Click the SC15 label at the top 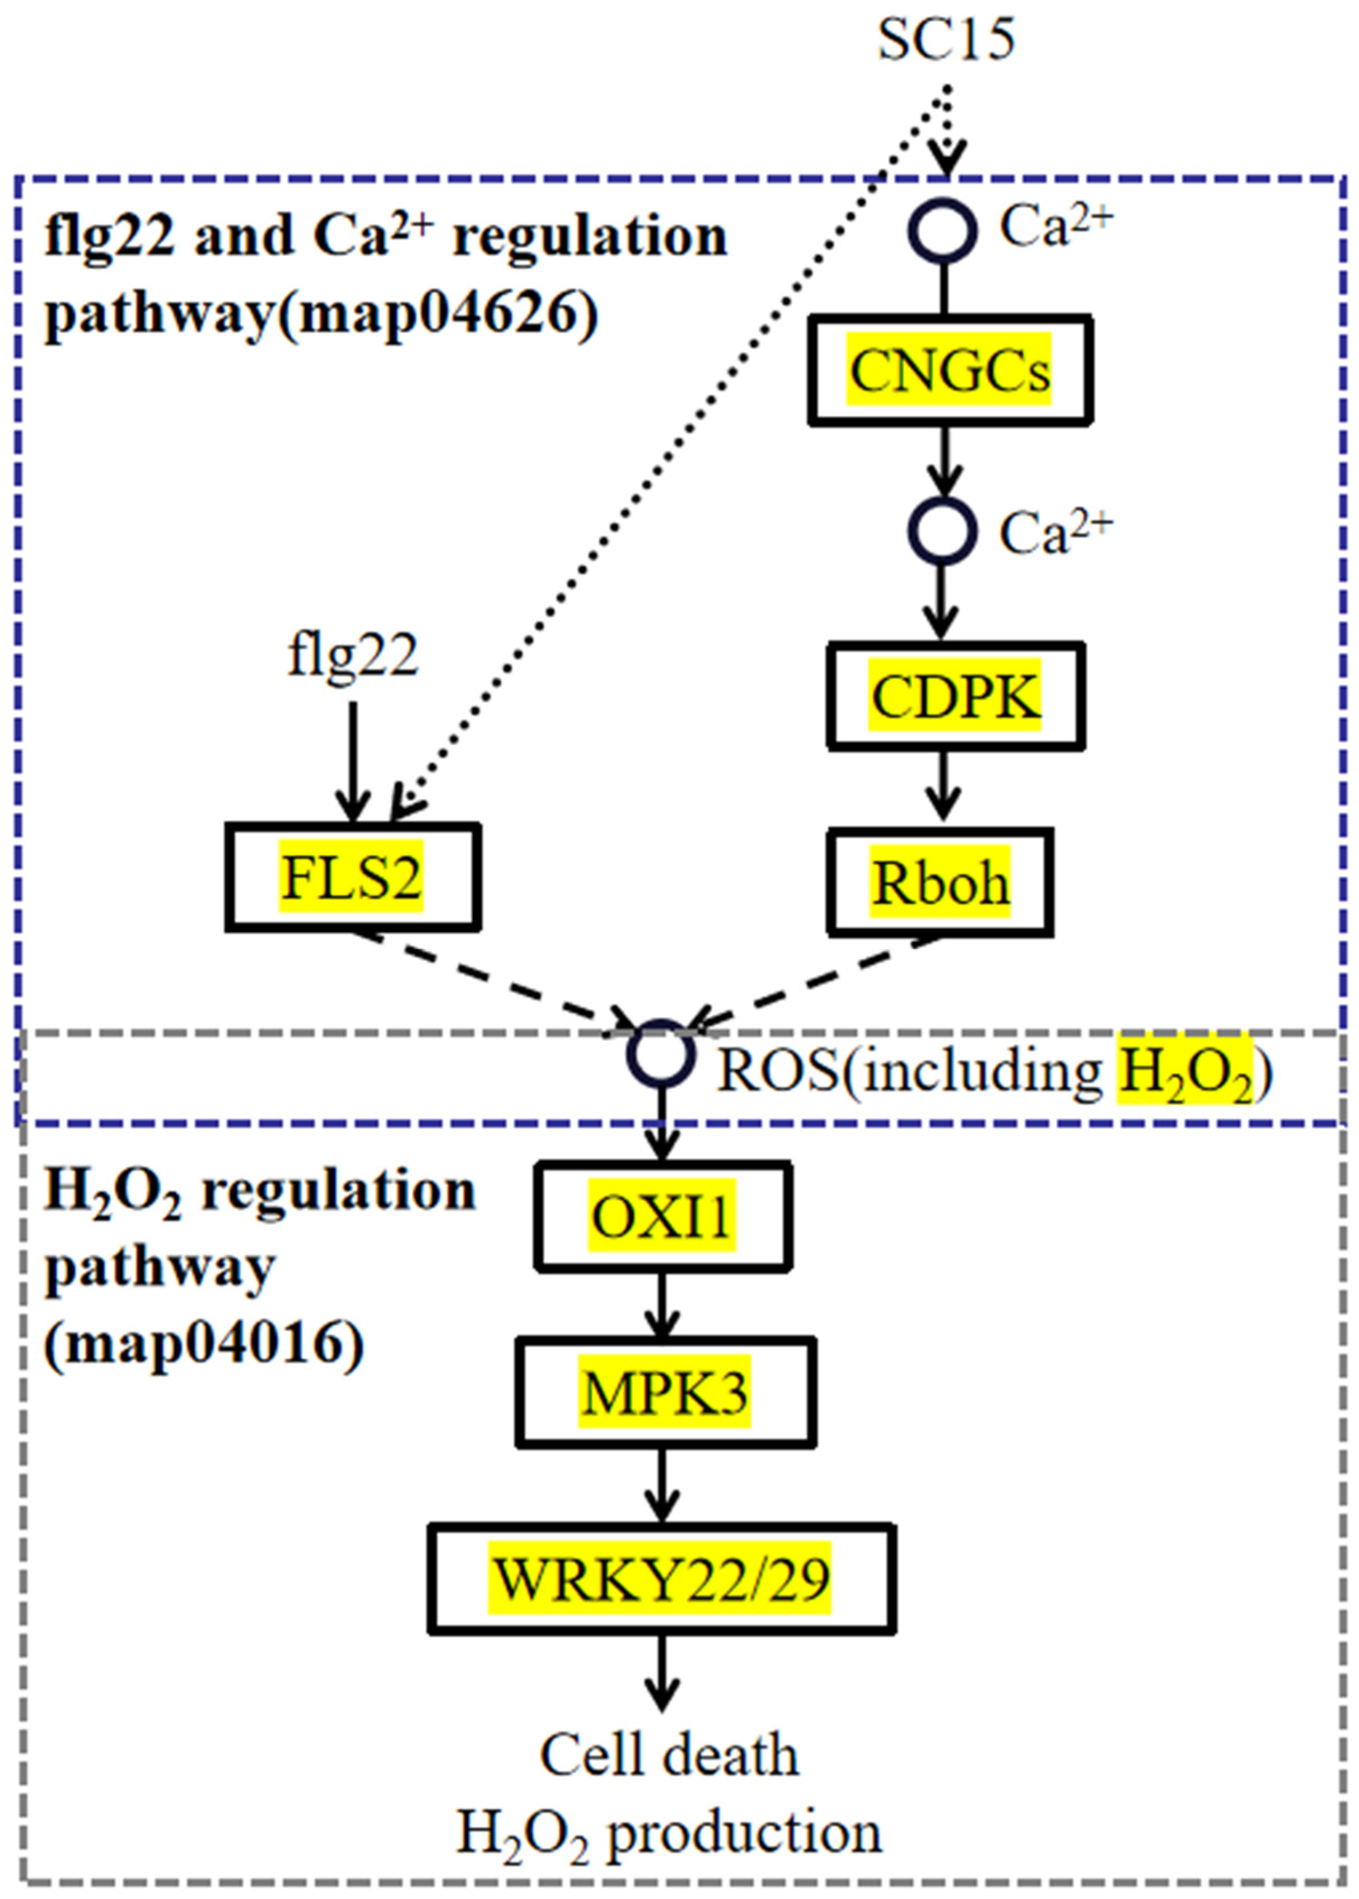point(946,39)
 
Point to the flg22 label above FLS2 point(352,655)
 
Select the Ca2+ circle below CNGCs point(943,530)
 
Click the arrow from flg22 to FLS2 point(352,762)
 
